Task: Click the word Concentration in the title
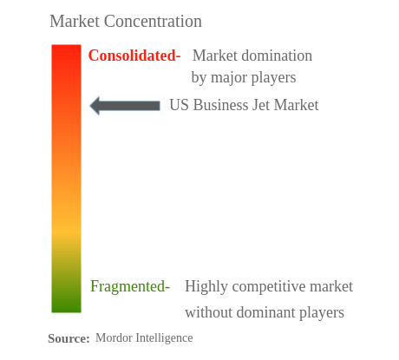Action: pos(154,21)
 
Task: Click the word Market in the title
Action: pos(76,21)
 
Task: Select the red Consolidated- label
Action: pos(134,56)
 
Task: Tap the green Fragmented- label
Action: pos(130,286)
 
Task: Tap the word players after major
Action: pos(274,78)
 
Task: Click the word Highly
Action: pos(207,286)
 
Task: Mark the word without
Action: pos(208,311)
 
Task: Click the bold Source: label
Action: pos(69,338)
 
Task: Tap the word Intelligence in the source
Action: pos(165,337)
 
